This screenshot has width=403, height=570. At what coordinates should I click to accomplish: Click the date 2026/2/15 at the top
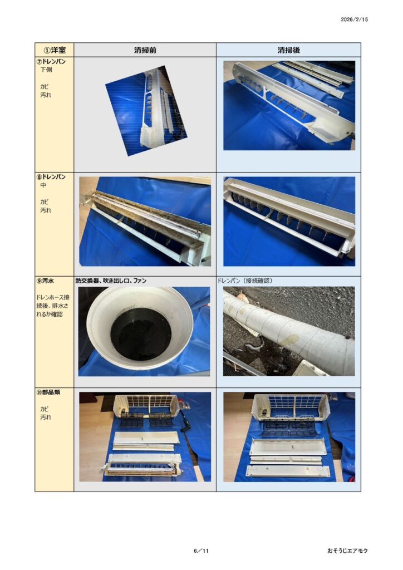click(x=354, y=19)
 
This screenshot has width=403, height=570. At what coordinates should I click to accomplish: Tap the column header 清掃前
click(x=145, y=50)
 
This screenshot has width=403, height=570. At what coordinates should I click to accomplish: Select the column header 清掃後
click(x=288, y=50)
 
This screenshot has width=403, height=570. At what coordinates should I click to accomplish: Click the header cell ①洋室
click(x=55, y=50)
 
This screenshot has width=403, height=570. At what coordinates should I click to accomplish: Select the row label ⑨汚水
click(x=45, y=281)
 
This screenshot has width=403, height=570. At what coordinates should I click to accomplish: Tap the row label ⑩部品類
click(x=48, y=392)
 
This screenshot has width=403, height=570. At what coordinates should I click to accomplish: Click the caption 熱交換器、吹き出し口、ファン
click(x=111, y=281)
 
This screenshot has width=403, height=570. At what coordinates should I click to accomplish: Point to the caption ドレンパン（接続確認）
click(x=245, y=281)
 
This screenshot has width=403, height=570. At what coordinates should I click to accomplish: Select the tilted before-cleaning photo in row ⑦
click(x=146, y=111)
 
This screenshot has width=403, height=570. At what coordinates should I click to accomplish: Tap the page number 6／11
click(x=202, y=551)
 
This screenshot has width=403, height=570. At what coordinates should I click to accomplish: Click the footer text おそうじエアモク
click(x=347, y=551)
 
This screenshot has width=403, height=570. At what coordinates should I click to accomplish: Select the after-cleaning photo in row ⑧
click(x=289, y=222)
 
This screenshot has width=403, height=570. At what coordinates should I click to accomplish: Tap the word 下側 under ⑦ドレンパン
click(x=46, y=70)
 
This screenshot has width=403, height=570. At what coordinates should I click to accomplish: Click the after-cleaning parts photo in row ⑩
click(x=289, y=437)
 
